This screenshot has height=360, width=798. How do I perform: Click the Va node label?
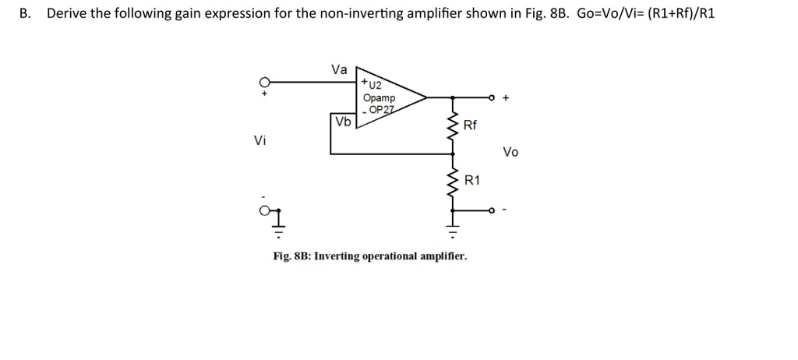coord(339,69)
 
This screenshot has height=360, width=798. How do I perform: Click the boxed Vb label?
coord(343,122)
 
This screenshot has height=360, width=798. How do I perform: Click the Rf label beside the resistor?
coord(470,125)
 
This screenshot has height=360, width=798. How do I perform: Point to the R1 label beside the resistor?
coord(472,181)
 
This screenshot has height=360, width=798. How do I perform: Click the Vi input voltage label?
coord(260,141)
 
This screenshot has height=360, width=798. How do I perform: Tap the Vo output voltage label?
coord(510,152)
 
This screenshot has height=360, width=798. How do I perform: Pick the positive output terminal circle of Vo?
coord(492,98)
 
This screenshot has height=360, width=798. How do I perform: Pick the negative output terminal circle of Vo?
coord(492,210)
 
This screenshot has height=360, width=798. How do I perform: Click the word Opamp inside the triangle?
coord(379,98)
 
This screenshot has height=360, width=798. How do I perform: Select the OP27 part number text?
coord(381,110)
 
